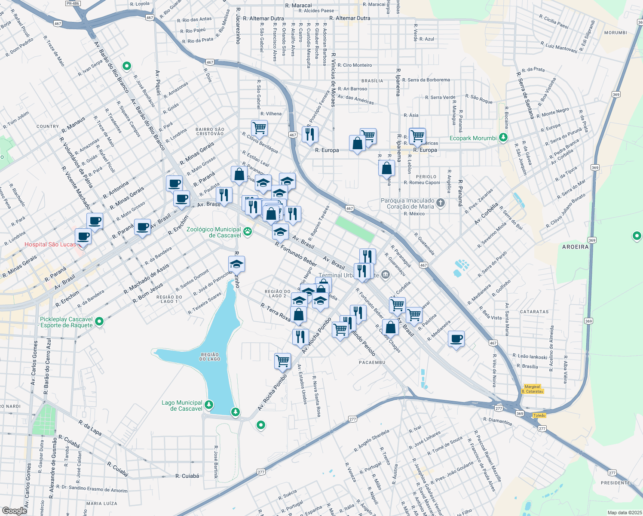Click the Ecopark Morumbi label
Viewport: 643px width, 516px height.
point(473,138)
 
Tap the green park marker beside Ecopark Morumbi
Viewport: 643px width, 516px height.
point(503,138)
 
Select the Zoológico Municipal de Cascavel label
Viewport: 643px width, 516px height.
point(214,232)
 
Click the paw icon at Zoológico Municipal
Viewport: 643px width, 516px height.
point(248,232)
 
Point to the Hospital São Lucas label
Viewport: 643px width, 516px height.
point(50,244)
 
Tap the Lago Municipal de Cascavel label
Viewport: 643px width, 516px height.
point(182,405)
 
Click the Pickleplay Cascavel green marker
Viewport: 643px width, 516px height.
point(99,322)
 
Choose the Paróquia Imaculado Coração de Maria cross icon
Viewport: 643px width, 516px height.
point(440,203)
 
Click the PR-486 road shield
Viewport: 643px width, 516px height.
point(73,3)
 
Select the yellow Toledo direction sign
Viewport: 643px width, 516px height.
point(539,415)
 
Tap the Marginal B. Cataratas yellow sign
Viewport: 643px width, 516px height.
point(533,389)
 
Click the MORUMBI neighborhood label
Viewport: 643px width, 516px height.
point(615,33)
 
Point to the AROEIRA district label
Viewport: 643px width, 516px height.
point(575,247)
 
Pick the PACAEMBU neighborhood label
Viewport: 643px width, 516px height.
point(372,362)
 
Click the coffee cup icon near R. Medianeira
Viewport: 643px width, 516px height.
point(456,339)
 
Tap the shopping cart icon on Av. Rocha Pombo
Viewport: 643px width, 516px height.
point(282,361)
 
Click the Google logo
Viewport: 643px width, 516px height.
point(14,511)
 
